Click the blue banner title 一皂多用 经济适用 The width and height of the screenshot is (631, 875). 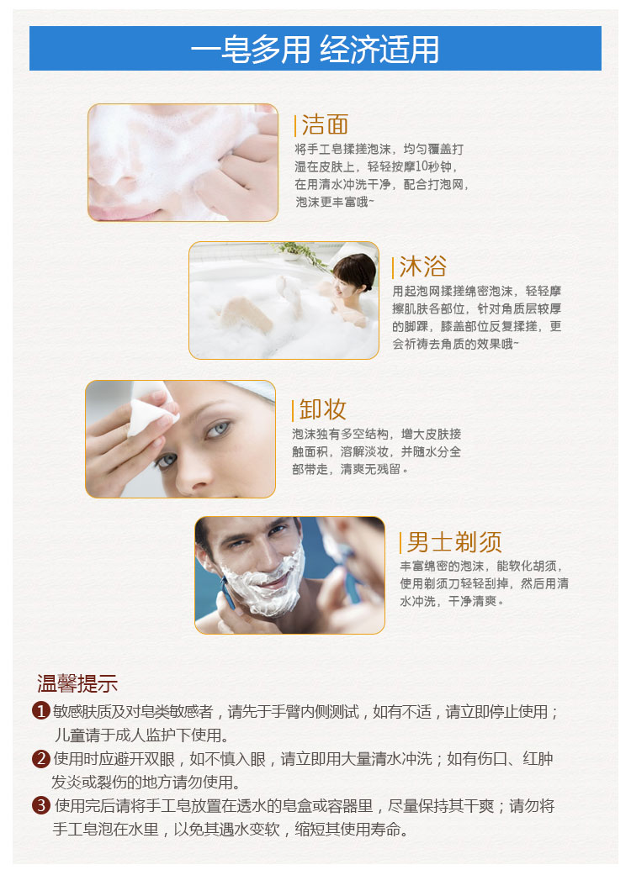pos(315,49)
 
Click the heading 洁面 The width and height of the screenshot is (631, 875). pos(325,124)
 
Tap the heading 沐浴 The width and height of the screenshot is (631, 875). pos(422,266)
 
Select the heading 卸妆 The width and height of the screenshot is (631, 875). pos(323,409)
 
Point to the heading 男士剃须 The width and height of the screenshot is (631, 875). pos(454,542)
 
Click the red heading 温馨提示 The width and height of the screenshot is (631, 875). pos(77,683)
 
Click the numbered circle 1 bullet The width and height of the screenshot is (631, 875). pos(40,711)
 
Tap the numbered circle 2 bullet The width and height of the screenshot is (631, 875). pos(40,758)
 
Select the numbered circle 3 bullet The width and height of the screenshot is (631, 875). pos(40,805)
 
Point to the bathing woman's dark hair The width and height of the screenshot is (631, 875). pos(356,271)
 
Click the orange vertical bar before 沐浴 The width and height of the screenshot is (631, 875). pos(393,267)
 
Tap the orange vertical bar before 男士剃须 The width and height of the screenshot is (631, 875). pos(400,542)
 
